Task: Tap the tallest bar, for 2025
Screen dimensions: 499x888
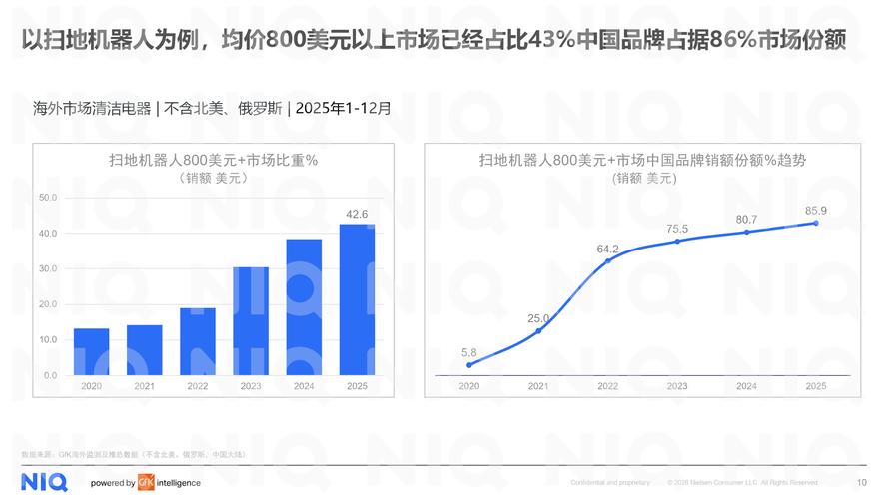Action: coord(356,299)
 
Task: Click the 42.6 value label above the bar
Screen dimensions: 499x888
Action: coord(356,214)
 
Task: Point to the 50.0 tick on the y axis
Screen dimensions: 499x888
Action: coord(47,198)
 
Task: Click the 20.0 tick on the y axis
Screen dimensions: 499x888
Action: coord(47,304)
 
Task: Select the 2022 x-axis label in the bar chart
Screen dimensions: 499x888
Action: coord(197,386)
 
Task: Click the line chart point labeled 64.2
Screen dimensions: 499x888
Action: coord(608,260)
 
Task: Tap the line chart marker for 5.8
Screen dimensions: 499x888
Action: coord(469,365)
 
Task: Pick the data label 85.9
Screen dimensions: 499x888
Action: coord(816,210)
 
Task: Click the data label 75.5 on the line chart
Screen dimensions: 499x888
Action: coord(677,229)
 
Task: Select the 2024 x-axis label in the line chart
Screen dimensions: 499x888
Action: coord(746,386)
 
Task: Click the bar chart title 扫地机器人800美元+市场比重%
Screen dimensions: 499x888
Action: coord(212,160)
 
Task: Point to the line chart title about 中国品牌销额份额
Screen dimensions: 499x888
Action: coord(641,160)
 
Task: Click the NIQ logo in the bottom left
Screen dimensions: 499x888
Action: coord(44,482)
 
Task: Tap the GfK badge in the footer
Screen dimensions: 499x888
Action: coord(146,483)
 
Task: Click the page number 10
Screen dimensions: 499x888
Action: coord(862,483)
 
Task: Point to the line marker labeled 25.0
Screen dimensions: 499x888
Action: coord(538,330)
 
